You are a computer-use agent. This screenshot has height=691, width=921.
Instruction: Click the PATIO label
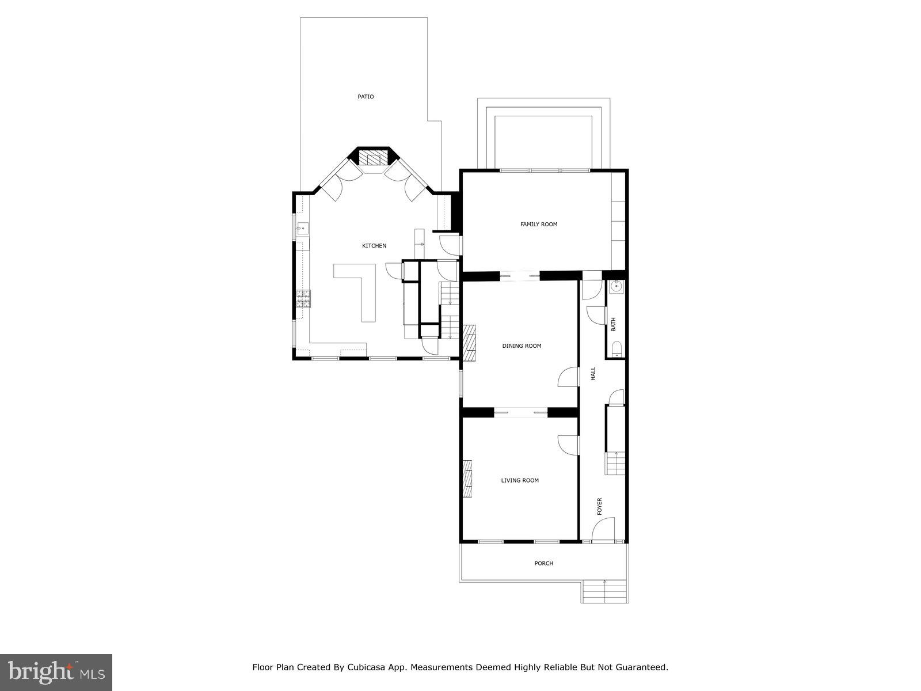pos(366,97)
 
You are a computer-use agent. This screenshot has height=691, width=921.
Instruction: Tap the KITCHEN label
pos(374,246)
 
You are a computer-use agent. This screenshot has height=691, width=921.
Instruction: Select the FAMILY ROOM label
pos(539,224)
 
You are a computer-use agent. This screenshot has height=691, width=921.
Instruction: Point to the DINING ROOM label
pos(522,346)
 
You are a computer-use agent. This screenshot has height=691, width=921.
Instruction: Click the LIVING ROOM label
pos(519,480)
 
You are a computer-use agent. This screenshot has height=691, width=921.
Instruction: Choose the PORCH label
pos(543,563)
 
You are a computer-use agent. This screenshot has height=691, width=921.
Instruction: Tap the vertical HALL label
pos(593,374)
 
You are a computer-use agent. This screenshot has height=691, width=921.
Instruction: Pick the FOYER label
pos(599,506)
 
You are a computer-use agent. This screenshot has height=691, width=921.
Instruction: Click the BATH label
pos(613,324)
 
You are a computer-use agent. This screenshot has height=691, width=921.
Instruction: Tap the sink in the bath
pos(616,286)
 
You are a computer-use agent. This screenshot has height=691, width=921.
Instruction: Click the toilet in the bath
pos(616,349)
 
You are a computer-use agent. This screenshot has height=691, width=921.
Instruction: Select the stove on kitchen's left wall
pos(303,298)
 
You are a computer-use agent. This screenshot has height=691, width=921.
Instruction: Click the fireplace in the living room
pos(467,478)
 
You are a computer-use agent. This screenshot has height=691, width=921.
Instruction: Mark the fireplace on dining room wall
pos(469,342)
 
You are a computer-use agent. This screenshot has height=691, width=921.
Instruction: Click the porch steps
pos(604,591)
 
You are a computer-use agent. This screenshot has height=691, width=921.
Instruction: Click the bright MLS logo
pos(56,671)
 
